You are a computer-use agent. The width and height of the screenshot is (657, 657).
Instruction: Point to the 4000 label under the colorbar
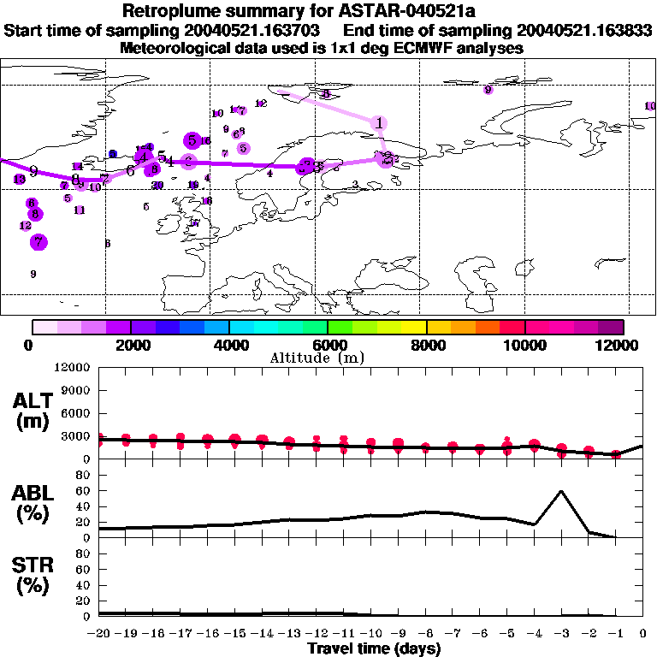coord(228,345)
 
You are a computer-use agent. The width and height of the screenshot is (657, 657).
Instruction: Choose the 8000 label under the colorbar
coord(426,345)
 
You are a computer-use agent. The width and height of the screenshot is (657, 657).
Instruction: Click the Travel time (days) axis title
coord(374,649)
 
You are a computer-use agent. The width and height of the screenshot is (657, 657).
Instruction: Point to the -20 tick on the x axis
coord(99,633)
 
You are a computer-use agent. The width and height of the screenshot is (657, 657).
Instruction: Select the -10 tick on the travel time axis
coord(371,633)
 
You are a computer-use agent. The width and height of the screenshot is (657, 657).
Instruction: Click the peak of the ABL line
coord(561,491)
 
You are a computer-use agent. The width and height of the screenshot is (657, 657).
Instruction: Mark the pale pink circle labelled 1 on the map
coord(379,123)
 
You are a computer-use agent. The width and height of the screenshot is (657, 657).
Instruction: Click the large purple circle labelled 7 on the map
coord(38,242)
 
